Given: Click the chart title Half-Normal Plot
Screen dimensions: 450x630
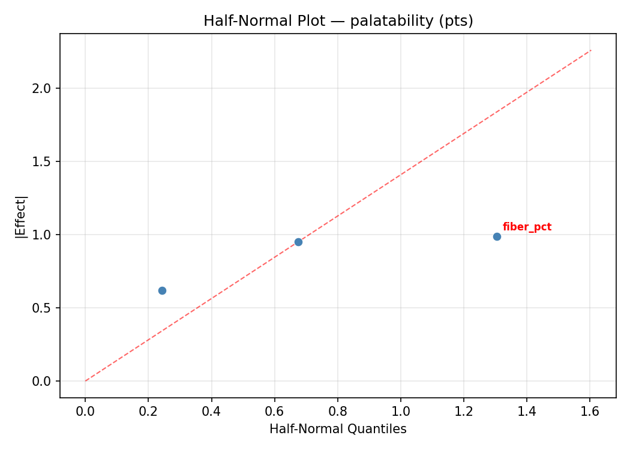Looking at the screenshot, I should (x=338, y=21).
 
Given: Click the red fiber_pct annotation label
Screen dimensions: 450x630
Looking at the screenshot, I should (x=527, y=227).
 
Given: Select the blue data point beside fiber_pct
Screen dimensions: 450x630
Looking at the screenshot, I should (x=497, y=236).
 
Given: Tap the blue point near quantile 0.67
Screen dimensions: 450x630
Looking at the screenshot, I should (x=298, y=242).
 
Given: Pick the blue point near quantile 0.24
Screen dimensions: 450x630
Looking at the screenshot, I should (x=162, y=290).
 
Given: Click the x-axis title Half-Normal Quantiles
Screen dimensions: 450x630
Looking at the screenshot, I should (x=338, y=430).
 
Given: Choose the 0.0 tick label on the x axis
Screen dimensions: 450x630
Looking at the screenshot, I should (x=85, y=411).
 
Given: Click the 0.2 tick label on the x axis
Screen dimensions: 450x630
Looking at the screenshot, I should (x=148, y=411).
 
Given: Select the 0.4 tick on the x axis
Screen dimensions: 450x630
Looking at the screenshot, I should (x=211, y=411).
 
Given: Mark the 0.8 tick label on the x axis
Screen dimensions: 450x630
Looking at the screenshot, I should (x=337, y=411).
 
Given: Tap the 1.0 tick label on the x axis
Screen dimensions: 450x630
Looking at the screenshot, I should (x=400, y=411).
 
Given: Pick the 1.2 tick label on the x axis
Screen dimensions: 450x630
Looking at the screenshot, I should (x=463, y=411).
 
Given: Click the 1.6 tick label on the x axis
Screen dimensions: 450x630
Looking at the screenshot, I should (x=590, y=411).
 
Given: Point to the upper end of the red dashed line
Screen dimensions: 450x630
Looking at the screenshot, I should (x=591, y=50).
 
